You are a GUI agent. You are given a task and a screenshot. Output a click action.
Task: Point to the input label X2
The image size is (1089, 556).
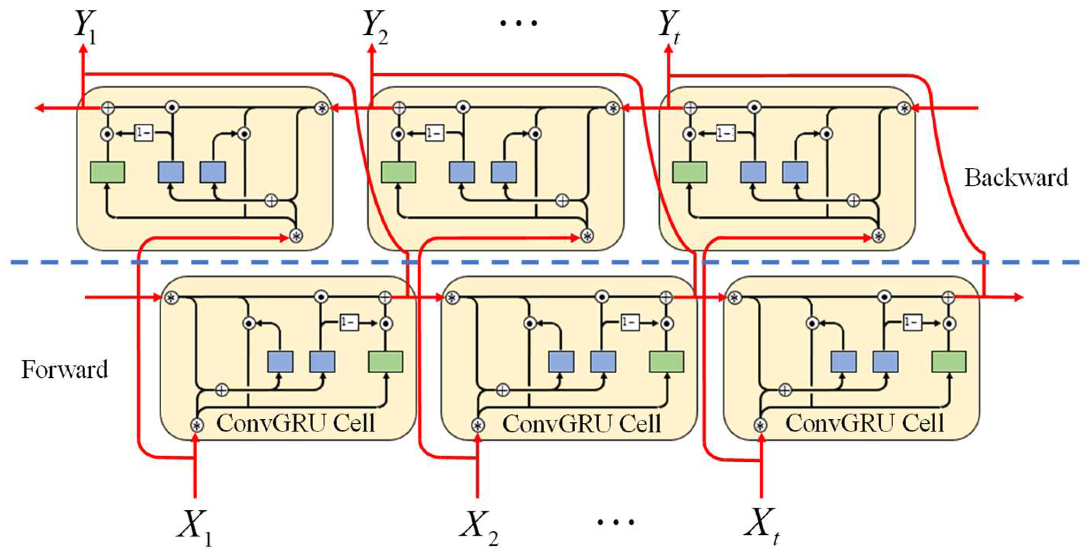pyautogui.click(x=478, y=526)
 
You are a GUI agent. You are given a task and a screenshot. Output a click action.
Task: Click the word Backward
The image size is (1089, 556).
pyautogui.click(x=1016, y=177)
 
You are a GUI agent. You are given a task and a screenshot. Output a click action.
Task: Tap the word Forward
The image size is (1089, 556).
pyautogui.click(x=65, y=369)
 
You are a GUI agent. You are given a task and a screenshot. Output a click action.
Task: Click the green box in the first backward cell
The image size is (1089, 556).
pyautogui.click(x=107, y=172)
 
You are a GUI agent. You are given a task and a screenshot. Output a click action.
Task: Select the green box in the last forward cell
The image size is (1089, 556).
pyautogui.click(x=949, y=362)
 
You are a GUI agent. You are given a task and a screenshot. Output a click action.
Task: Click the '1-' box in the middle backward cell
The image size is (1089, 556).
pyautogui.click(x=435, y=134)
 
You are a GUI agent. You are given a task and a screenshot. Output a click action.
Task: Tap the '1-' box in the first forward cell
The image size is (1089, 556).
pyautogui.click(x=349, y=323)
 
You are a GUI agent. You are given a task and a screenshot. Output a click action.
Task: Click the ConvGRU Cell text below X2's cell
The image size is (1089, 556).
pyautogui.click(x=581, y=423)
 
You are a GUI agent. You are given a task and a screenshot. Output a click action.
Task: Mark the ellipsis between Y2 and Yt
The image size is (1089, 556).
pyautogui.click(x=518, y=23)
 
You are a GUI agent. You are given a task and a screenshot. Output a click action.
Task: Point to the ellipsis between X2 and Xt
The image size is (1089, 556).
pyautogui.click(x=615, y=522)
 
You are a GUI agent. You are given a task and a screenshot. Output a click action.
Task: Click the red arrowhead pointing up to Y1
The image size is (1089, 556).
pyautogui.click(x=83, y=50)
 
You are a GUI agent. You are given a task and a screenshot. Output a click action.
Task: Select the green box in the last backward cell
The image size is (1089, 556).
pyautogui.click(x=689, y=172)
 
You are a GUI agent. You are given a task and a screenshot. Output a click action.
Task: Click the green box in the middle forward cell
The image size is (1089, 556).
pyautogui.click(x=666, y=362)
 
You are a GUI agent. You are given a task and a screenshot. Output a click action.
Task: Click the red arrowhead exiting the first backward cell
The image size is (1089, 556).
pyautogui.click(x=39, y=108)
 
